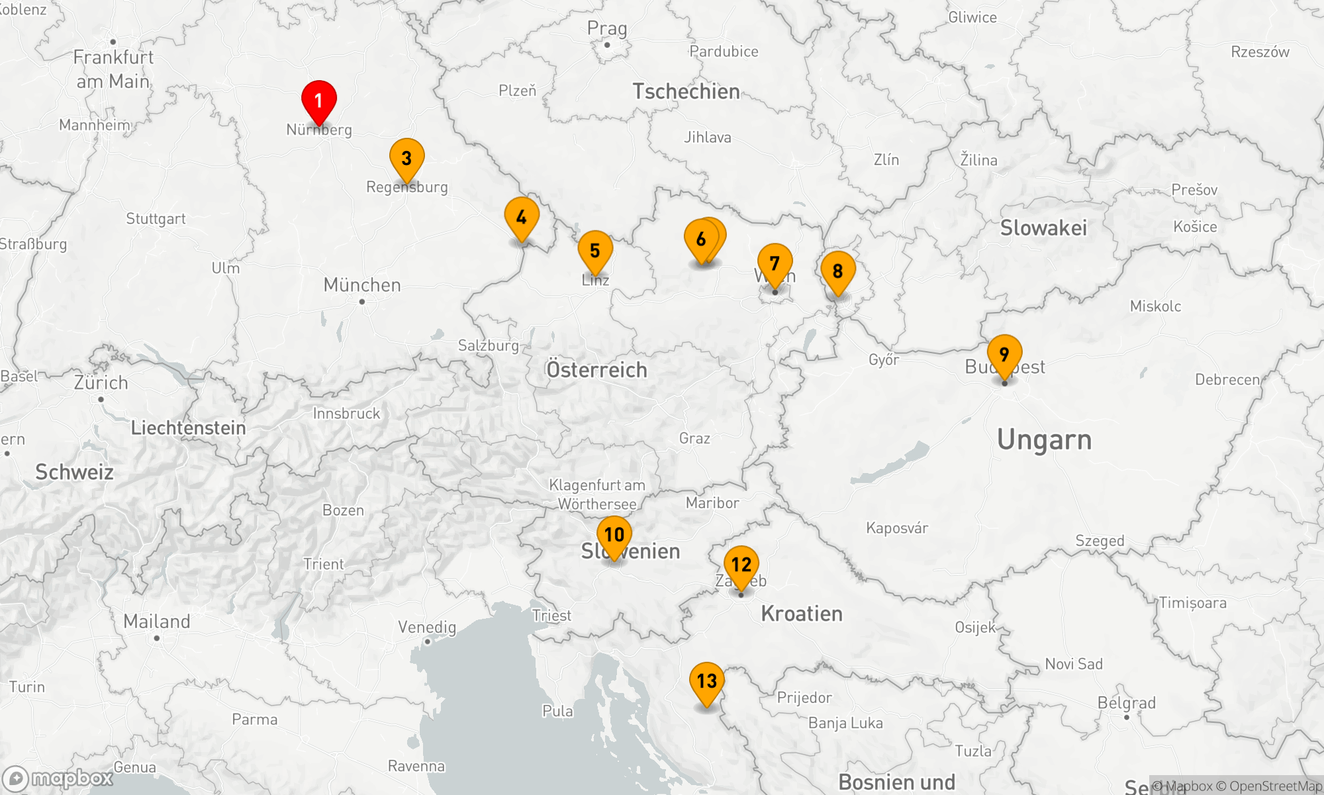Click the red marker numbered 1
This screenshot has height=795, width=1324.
pos(318,101)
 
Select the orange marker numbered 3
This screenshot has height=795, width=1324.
pos(406,158)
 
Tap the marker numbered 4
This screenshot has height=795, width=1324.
pos(522,217)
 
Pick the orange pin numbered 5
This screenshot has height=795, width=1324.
pos(595,250)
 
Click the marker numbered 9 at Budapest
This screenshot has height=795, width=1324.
pos(1004,354)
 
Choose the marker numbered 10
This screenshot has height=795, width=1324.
pos(614,535)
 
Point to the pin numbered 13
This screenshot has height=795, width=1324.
pos(706,681)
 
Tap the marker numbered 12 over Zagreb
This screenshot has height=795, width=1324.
pos(741,564)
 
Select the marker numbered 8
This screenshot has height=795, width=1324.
pos(837,271)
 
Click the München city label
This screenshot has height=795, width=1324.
pos(362,285)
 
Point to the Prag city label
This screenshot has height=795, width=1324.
pos(606,28)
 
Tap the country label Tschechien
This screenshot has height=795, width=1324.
pos(686,91)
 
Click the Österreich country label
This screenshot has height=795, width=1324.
pos(596,370)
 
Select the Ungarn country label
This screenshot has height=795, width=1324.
pos(1044,440)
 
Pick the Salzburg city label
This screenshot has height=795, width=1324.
pos(489,345)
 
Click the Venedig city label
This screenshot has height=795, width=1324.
pos(427,627)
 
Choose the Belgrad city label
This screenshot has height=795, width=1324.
pos(1126,703)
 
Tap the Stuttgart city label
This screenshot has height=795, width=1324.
pos(156,219)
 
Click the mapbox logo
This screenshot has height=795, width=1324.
pos(58,778)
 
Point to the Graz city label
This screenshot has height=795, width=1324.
pos(694,438)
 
